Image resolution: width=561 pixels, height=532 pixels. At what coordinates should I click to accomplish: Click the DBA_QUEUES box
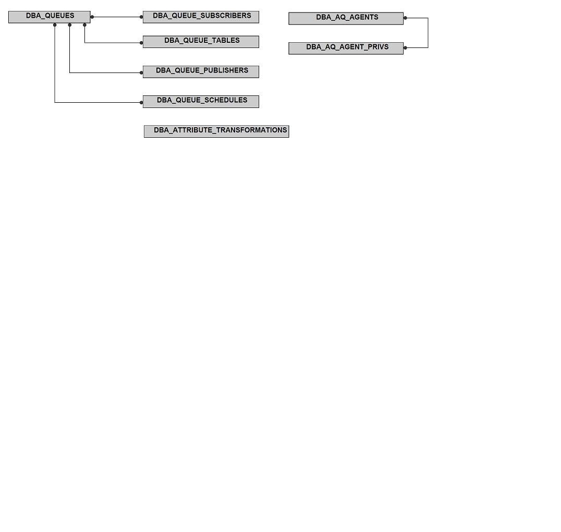click(50, 17)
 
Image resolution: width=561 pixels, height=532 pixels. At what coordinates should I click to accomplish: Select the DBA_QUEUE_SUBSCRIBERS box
click(201, 17)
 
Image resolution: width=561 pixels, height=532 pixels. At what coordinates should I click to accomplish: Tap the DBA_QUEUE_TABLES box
click(201, 42)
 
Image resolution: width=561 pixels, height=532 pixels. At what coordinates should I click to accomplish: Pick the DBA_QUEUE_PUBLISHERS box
click(201, 71)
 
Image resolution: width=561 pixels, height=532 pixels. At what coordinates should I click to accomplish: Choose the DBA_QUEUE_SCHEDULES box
click(201, 102)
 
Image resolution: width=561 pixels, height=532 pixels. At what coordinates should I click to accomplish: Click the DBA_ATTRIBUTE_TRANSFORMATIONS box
click(216, 131)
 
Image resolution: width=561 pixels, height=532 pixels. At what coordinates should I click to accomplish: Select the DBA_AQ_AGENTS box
click(346, 19)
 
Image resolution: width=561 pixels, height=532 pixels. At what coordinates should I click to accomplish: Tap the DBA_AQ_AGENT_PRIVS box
click(346, 49)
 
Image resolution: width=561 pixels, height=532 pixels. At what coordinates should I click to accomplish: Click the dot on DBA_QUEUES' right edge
click(92, 17)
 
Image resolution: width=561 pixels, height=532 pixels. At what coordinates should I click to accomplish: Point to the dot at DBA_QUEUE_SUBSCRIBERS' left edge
click(141, 17)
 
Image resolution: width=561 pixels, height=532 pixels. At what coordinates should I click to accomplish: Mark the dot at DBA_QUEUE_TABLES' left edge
click(141, 43)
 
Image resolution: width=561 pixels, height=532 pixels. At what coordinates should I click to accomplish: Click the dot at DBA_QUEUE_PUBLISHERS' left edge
click(141, 72)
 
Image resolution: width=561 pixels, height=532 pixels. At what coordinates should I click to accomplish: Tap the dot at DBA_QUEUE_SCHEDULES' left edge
click(141, 103)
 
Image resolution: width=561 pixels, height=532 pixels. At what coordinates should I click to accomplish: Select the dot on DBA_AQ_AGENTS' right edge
click(405, 18)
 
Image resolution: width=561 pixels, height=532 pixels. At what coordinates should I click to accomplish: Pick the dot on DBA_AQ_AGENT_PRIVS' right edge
click(405, 47)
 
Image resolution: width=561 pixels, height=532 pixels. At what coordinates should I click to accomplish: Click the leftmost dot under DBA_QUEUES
click(55, 25)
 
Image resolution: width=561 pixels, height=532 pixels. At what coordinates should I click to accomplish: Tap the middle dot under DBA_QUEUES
click(70, 25)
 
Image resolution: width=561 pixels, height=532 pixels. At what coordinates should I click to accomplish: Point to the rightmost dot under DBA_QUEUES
click(85, 25)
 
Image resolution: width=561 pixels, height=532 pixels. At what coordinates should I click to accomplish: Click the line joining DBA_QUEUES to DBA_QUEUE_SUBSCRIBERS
click(117, 17)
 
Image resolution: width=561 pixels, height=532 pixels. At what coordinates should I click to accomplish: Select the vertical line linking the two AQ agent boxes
click(428, 33)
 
